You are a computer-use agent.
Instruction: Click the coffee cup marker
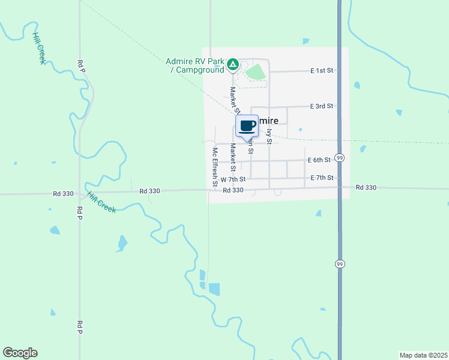click(247, 126)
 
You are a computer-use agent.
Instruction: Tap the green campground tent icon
click(233, 64)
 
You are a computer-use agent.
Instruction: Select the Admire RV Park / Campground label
click(194, 65)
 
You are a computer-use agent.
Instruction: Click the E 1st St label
click(322, 71)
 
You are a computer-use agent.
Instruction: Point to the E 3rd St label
click(321, 106)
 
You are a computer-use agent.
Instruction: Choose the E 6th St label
click(319, 160)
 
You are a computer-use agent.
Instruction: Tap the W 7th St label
click(233, 179)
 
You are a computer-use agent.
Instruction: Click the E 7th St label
click(322, 178)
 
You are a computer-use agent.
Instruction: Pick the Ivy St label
click(270, 136)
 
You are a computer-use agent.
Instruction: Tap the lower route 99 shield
click(340, 263)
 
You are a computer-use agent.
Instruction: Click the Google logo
click(20, 353)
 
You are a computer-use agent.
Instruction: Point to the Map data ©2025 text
click(423, 355)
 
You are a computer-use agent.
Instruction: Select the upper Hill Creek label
click(39, 47)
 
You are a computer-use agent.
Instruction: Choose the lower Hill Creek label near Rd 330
click(101, 203)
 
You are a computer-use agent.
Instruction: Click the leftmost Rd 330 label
click(63, 194)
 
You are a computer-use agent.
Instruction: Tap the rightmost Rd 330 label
click(366, 187)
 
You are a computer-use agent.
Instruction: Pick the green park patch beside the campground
click(256, 72)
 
